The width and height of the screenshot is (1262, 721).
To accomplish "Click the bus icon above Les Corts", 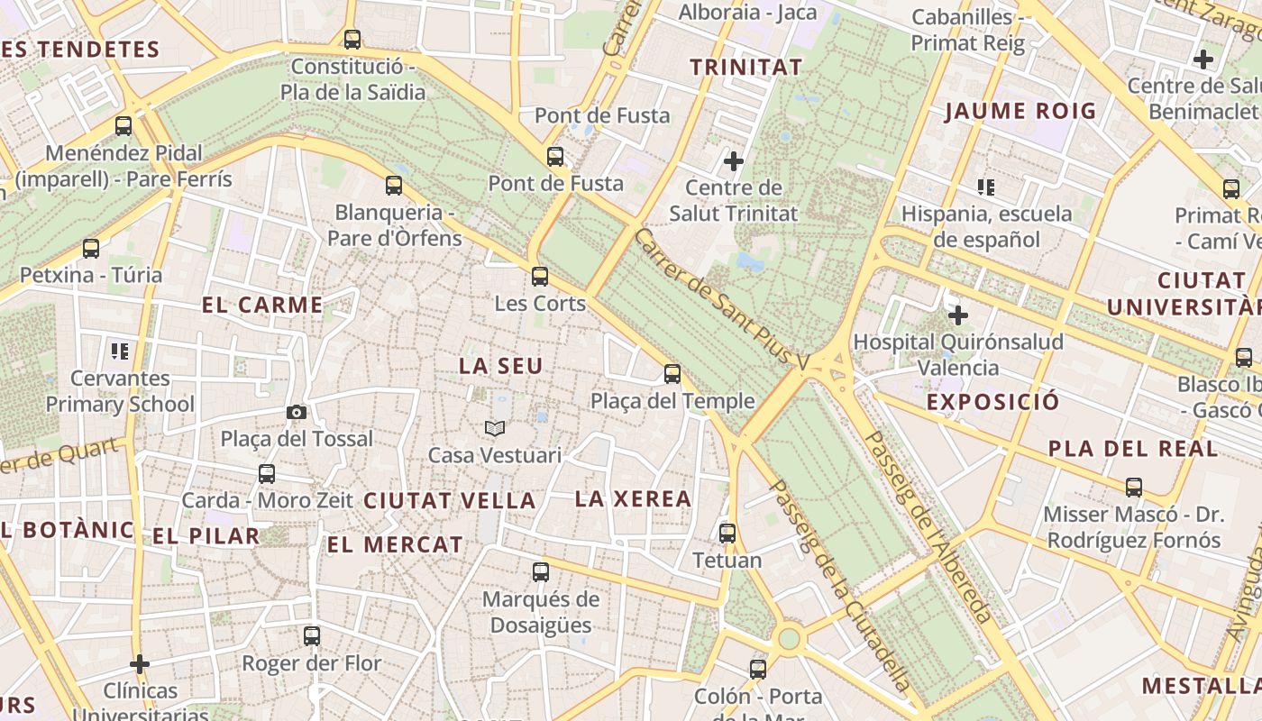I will tap(540, 276).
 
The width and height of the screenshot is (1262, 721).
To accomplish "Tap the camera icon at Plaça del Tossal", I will tap(297, 412).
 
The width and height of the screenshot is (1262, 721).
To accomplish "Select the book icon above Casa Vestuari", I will tap(494, 428).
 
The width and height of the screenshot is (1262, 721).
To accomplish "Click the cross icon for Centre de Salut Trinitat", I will tap(734, 161).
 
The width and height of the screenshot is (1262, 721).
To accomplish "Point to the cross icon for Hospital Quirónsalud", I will tap(958, 315).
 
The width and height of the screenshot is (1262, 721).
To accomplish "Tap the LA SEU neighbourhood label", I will tap(501, 366).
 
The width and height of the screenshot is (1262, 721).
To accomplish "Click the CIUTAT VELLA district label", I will tap(450, 501).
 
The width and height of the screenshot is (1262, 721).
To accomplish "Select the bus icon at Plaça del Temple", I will tap(672, 373).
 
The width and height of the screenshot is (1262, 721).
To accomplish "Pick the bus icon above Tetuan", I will tap(727, 533).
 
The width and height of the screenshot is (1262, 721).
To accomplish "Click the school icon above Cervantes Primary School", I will tap(120, 351).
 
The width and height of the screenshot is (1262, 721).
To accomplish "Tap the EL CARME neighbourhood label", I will tap(262, 305).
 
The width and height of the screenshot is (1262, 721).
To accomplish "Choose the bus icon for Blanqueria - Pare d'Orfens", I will tap(394, 186).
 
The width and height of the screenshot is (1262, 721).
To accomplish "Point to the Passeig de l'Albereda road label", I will tap(928, 526).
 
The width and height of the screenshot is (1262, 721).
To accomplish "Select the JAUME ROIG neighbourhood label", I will tap(1020, 112).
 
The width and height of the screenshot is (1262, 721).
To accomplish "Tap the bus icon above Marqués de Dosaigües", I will tap(541, 571).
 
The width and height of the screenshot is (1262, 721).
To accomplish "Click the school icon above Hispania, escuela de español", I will tap(986, 187).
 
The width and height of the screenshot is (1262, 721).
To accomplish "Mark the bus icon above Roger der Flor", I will tap(312, 635).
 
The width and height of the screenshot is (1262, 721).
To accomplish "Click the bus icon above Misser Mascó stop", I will tap(1134, 488).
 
